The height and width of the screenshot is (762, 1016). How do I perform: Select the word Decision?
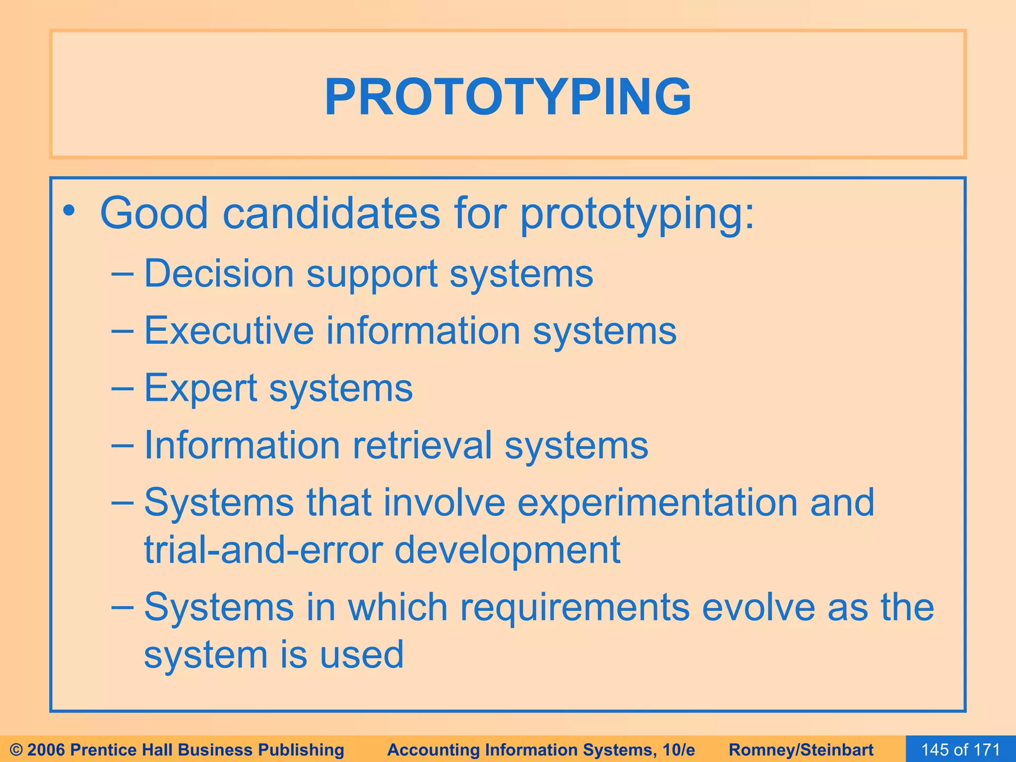click(x=219, y=274)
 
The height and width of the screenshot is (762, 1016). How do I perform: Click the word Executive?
click(x=229, y=331)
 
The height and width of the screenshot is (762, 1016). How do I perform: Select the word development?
click(x=507, y=551)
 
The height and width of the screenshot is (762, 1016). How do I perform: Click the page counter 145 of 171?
click(x=960, y=749)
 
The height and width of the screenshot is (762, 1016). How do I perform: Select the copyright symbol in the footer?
click(x=16, y=750)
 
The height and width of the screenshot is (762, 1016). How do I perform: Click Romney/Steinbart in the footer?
click(x=801, y=750)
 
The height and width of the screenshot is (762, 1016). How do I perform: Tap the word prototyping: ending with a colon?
click(x=637, y=214)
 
